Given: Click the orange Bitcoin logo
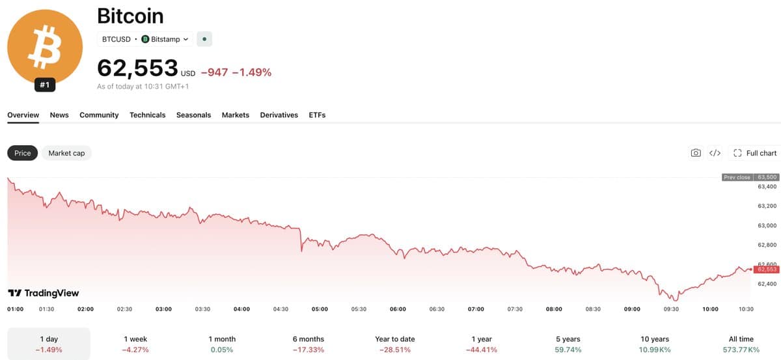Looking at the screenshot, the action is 45,47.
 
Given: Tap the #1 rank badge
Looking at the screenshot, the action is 45,85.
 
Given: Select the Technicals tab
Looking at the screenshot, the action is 148,115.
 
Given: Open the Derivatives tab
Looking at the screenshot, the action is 279,115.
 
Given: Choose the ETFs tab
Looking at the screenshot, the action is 317,115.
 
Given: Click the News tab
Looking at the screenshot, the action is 59,115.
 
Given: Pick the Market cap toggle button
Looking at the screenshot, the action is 66,153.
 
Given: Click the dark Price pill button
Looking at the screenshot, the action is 22,153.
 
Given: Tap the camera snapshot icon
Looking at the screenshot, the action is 696,153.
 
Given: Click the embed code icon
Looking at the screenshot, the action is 715,153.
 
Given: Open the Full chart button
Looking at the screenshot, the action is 755,153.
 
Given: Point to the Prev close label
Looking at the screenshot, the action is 737,177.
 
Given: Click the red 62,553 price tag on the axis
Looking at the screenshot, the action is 767,270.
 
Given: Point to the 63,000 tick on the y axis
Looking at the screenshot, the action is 767,225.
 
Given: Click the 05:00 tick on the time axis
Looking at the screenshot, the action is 320,309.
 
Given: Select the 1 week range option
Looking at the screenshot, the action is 135,344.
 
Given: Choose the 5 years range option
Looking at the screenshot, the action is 568,344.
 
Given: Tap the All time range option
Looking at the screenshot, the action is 741,344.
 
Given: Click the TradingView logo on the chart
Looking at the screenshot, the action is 44,293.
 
